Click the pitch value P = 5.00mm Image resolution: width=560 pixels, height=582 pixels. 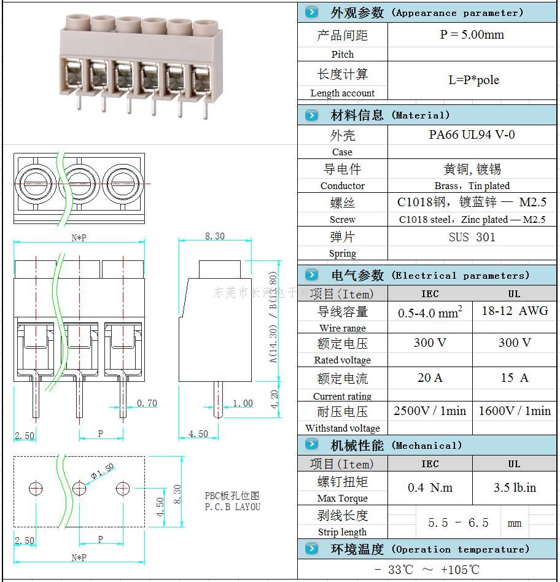point(472,35)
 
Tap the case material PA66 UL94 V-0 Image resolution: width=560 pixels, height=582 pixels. point(472,135)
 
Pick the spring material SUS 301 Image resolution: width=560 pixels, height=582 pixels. point(472,237)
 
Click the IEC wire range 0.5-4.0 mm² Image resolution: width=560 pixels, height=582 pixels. point(430,312)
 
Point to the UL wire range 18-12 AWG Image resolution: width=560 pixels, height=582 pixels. point(515,311)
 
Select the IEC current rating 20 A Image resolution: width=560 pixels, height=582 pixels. point(430,378)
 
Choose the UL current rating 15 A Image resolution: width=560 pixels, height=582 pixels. point(515,378)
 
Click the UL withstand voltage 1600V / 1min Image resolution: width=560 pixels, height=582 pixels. point(515,411)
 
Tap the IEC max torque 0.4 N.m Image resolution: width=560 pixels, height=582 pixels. point(430,488)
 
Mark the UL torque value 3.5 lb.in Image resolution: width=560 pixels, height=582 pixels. point(515,488)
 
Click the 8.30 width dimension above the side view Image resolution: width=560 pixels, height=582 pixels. point(214,236)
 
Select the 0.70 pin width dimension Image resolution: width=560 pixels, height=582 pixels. point(147,403)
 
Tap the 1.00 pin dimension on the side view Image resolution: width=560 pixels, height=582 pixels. point(243,403)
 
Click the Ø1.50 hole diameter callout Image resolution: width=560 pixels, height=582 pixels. point(103,471)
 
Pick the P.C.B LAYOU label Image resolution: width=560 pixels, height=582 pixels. point(232,507)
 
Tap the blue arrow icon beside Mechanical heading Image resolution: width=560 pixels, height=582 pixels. point(312,445)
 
